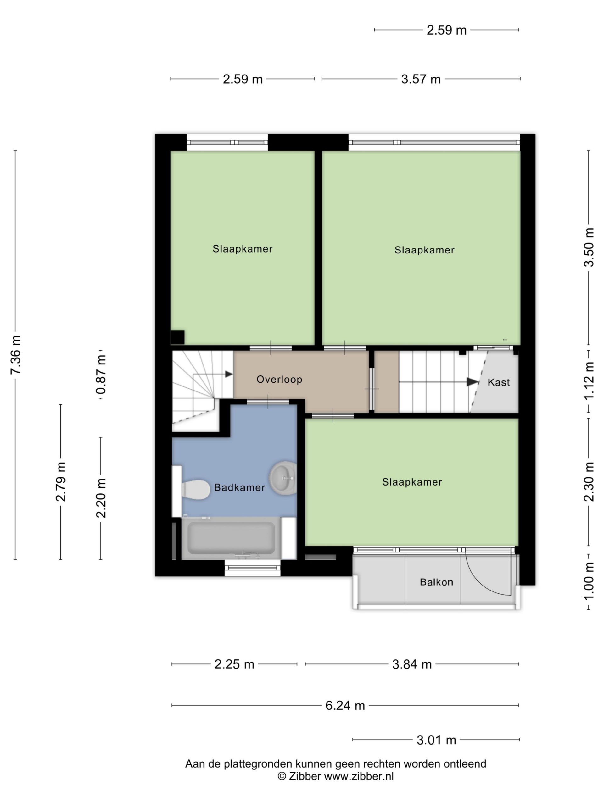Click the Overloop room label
[279, 379]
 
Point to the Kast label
[498, 382]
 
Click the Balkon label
[436, 582]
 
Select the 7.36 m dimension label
[16, 354]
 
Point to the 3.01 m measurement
[436, 740]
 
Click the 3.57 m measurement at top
[421, 79]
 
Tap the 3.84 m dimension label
[412, 664]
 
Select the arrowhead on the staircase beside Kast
[473, 382]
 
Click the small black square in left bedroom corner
[178, 337]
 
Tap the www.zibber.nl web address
[359, 776]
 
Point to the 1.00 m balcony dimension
[589, 581]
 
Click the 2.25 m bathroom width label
[234, 664]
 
